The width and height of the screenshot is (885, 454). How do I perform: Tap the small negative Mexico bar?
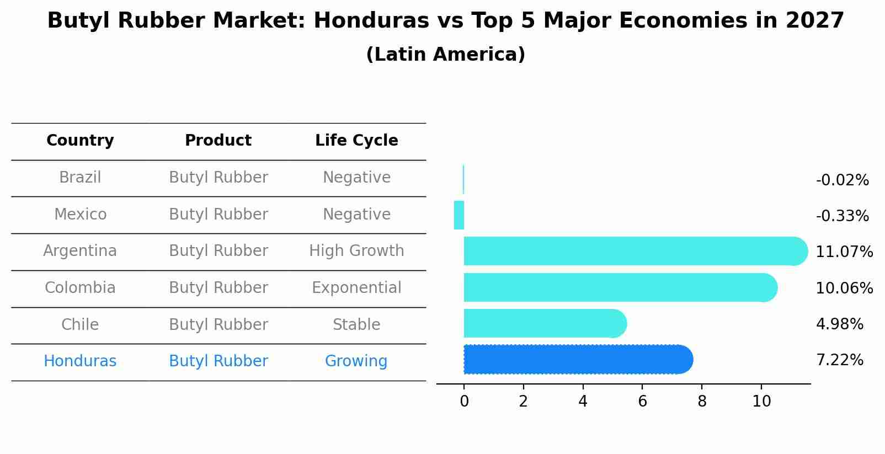[x=459, y=215]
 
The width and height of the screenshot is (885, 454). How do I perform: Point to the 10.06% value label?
[x=844, y=288]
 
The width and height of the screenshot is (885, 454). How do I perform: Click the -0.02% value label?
[x=842, y=180]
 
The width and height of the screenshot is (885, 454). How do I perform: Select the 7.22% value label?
[x=839, y=360]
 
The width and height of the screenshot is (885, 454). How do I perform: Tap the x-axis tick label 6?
[x=642, y=402]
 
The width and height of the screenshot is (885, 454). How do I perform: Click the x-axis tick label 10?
[x=761, y=402]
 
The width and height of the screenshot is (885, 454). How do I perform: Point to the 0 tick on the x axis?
[x=464, y=402]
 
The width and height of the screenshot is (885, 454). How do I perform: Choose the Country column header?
[x=80, y=141]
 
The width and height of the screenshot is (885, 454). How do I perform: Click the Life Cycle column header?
[x=356, y=141]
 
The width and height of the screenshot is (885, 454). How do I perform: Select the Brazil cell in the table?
[x=80, y=178]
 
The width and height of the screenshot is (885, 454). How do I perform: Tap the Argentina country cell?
[x=80, y=251]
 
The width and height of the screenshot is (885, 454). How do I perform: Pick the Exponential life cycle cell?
[x=356, y=288]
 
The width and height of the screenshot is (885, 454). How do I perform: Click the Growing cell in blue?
[x=356, y=361]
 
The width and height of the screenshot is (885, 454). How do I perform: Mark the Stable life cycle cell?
[x=356, y=325]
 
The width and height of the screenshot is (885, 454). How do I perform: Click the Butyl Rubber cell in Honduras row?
[x=218, y=361]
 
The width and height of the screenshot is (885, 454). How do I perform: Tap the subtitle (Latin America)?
[x=445, y=55]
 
